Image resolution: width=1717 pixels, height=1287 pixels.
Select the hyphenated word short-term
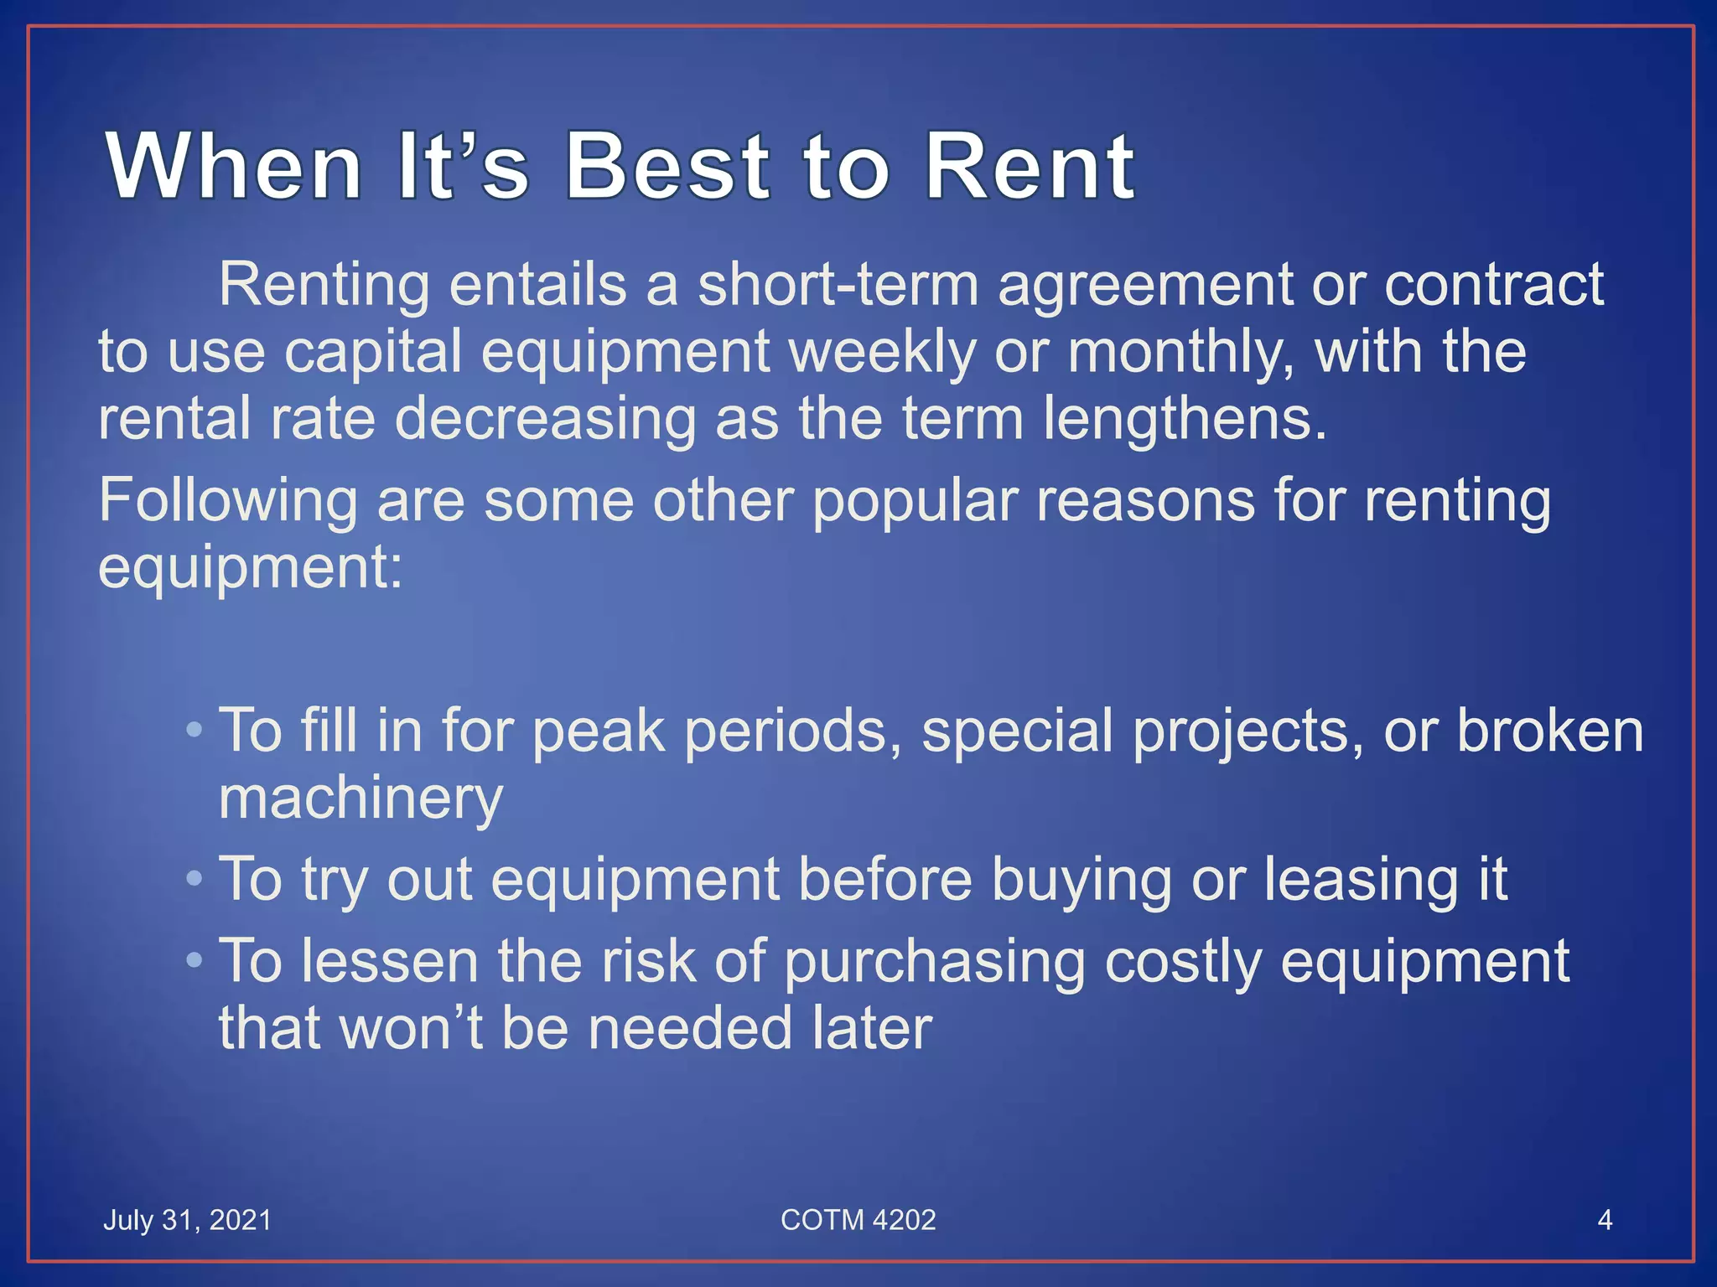(838, 285)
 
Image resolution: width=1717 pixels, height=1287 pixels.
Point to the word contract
(1494, 285)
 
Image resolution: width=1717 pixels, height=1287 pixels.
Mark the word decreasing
(545, 419)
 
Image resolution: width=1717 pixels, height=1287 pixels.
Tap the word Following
(228, 501)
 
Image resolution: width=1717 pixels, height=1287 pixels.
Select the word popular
(915, 501)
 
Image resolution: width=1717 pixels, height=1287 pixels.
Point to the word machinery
(361, 799)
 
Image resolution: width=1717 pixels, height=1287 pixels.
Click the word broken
(1550, 731)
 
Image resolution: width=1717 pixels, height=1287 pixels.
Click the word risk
(648, 962)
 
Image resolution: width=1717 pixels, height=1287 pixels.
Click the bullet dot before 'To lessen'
(195, 960)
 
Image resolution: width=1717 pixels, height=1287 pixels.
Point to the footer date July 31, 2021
(187, 1220)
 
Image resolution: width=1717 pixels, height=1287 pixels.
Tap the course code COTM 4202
(858, 1220)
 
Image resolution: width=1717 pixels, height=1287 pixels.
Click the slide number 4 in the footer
(1605, 1220)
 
